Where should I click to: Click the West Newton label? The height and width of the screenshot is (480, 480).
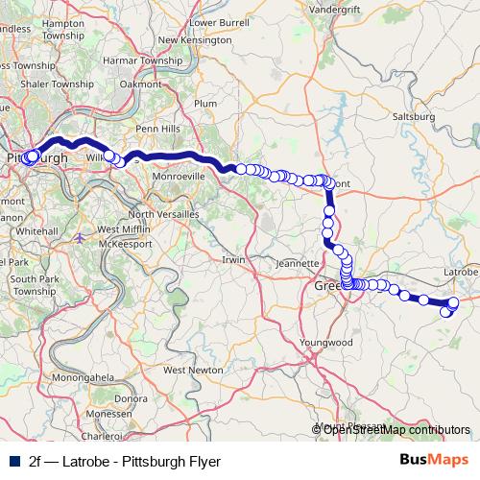[x=186, y=369]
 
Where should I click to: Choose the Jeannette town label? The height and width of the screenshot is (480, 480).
[x=297, y=261]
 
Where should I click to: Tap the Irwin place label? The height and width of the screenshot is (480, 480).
[x=234, y=259]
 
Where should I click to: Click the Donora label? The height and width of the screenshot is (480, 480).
[x=131, y=396]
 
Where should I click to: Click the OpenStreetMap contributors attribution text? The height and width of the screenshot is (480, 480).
[x=396, y=429]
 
